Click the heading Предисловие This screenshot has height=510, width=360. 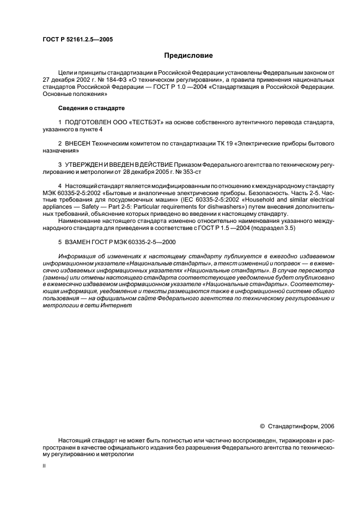click(x=188, y=56)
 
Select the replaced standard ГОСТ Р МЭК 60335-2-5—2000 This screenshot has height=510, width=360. click(x=140, y=241)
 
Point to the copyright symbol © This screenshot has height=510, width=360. click(x=263, y=426)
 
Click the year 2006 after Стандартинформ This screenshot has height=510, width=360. click(x=327, y=426)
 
